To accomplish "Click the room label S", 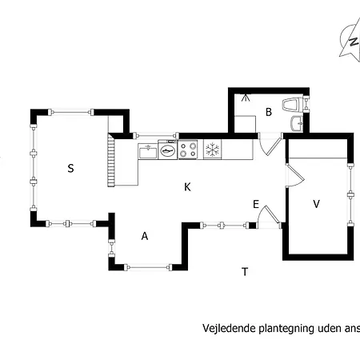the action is point(70,168).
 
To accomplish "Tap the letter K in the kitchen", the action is point(187,187).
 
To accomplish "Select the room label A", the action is point(145,236).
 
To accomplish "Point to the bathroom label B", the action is point(269,112).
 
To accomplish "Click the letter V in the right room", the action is point(316,204).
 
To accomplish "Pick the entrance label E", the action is point(256,205).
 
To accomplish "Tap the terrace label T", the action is point(245,271).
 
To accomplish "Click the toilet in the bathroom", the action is point(292,104).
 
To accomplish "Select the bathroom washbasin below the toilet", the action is point(296,123).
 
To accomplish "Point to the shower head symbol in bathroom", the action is point(246,98).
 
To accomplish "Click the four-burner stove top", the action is point(188,150).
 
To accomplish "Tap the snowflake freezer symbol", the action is point(212,150).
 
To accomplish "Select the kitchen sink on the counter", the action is point(148,151).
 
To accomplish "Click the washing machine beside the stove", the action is point(168,150).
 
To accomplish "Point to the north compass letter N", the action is point(354,42).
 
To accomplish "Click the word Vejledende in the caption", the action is point(230,328).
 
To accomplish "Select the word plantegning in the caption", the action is point(286,329).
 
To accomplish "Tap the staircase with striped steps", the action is point(111,160).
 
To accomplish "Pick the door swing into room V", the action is point(295,175).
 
